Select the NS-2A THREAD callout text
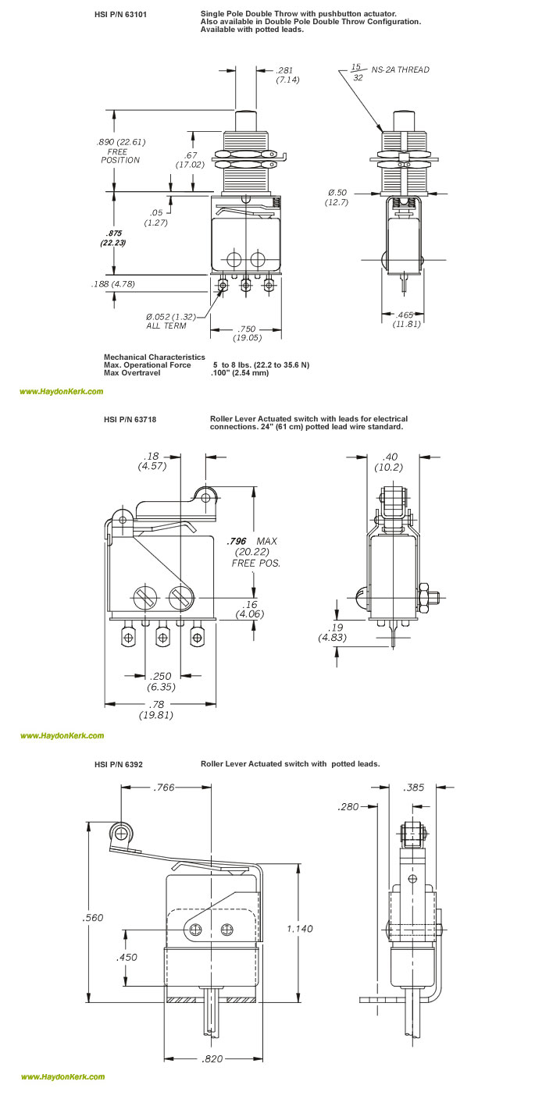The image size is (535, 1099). coord(401,69)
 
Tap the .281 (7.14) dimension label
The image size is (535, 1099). coord(287,75)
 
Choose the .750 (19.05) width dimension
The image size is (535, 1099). coord(246,333)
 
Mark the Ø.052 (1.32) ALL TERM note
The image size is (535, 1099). coord(169,321)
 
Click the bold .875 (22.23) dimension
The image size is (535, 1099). coord(113,238)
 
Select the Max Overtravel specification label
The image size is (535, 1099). coord(132,372)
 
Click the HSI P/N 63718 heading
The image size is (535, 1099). coord(130,419)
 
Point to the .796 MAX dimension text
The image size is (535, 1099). coord(251,541)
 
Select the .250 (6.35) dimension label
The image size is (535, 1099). coord(162,681)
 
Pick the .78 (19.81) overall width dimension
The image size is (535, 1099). coord(156,710)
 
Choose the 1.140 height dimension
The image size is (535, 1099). coord(299,929)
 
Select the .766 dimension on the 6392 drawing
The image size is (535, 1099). coord(165,788)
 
